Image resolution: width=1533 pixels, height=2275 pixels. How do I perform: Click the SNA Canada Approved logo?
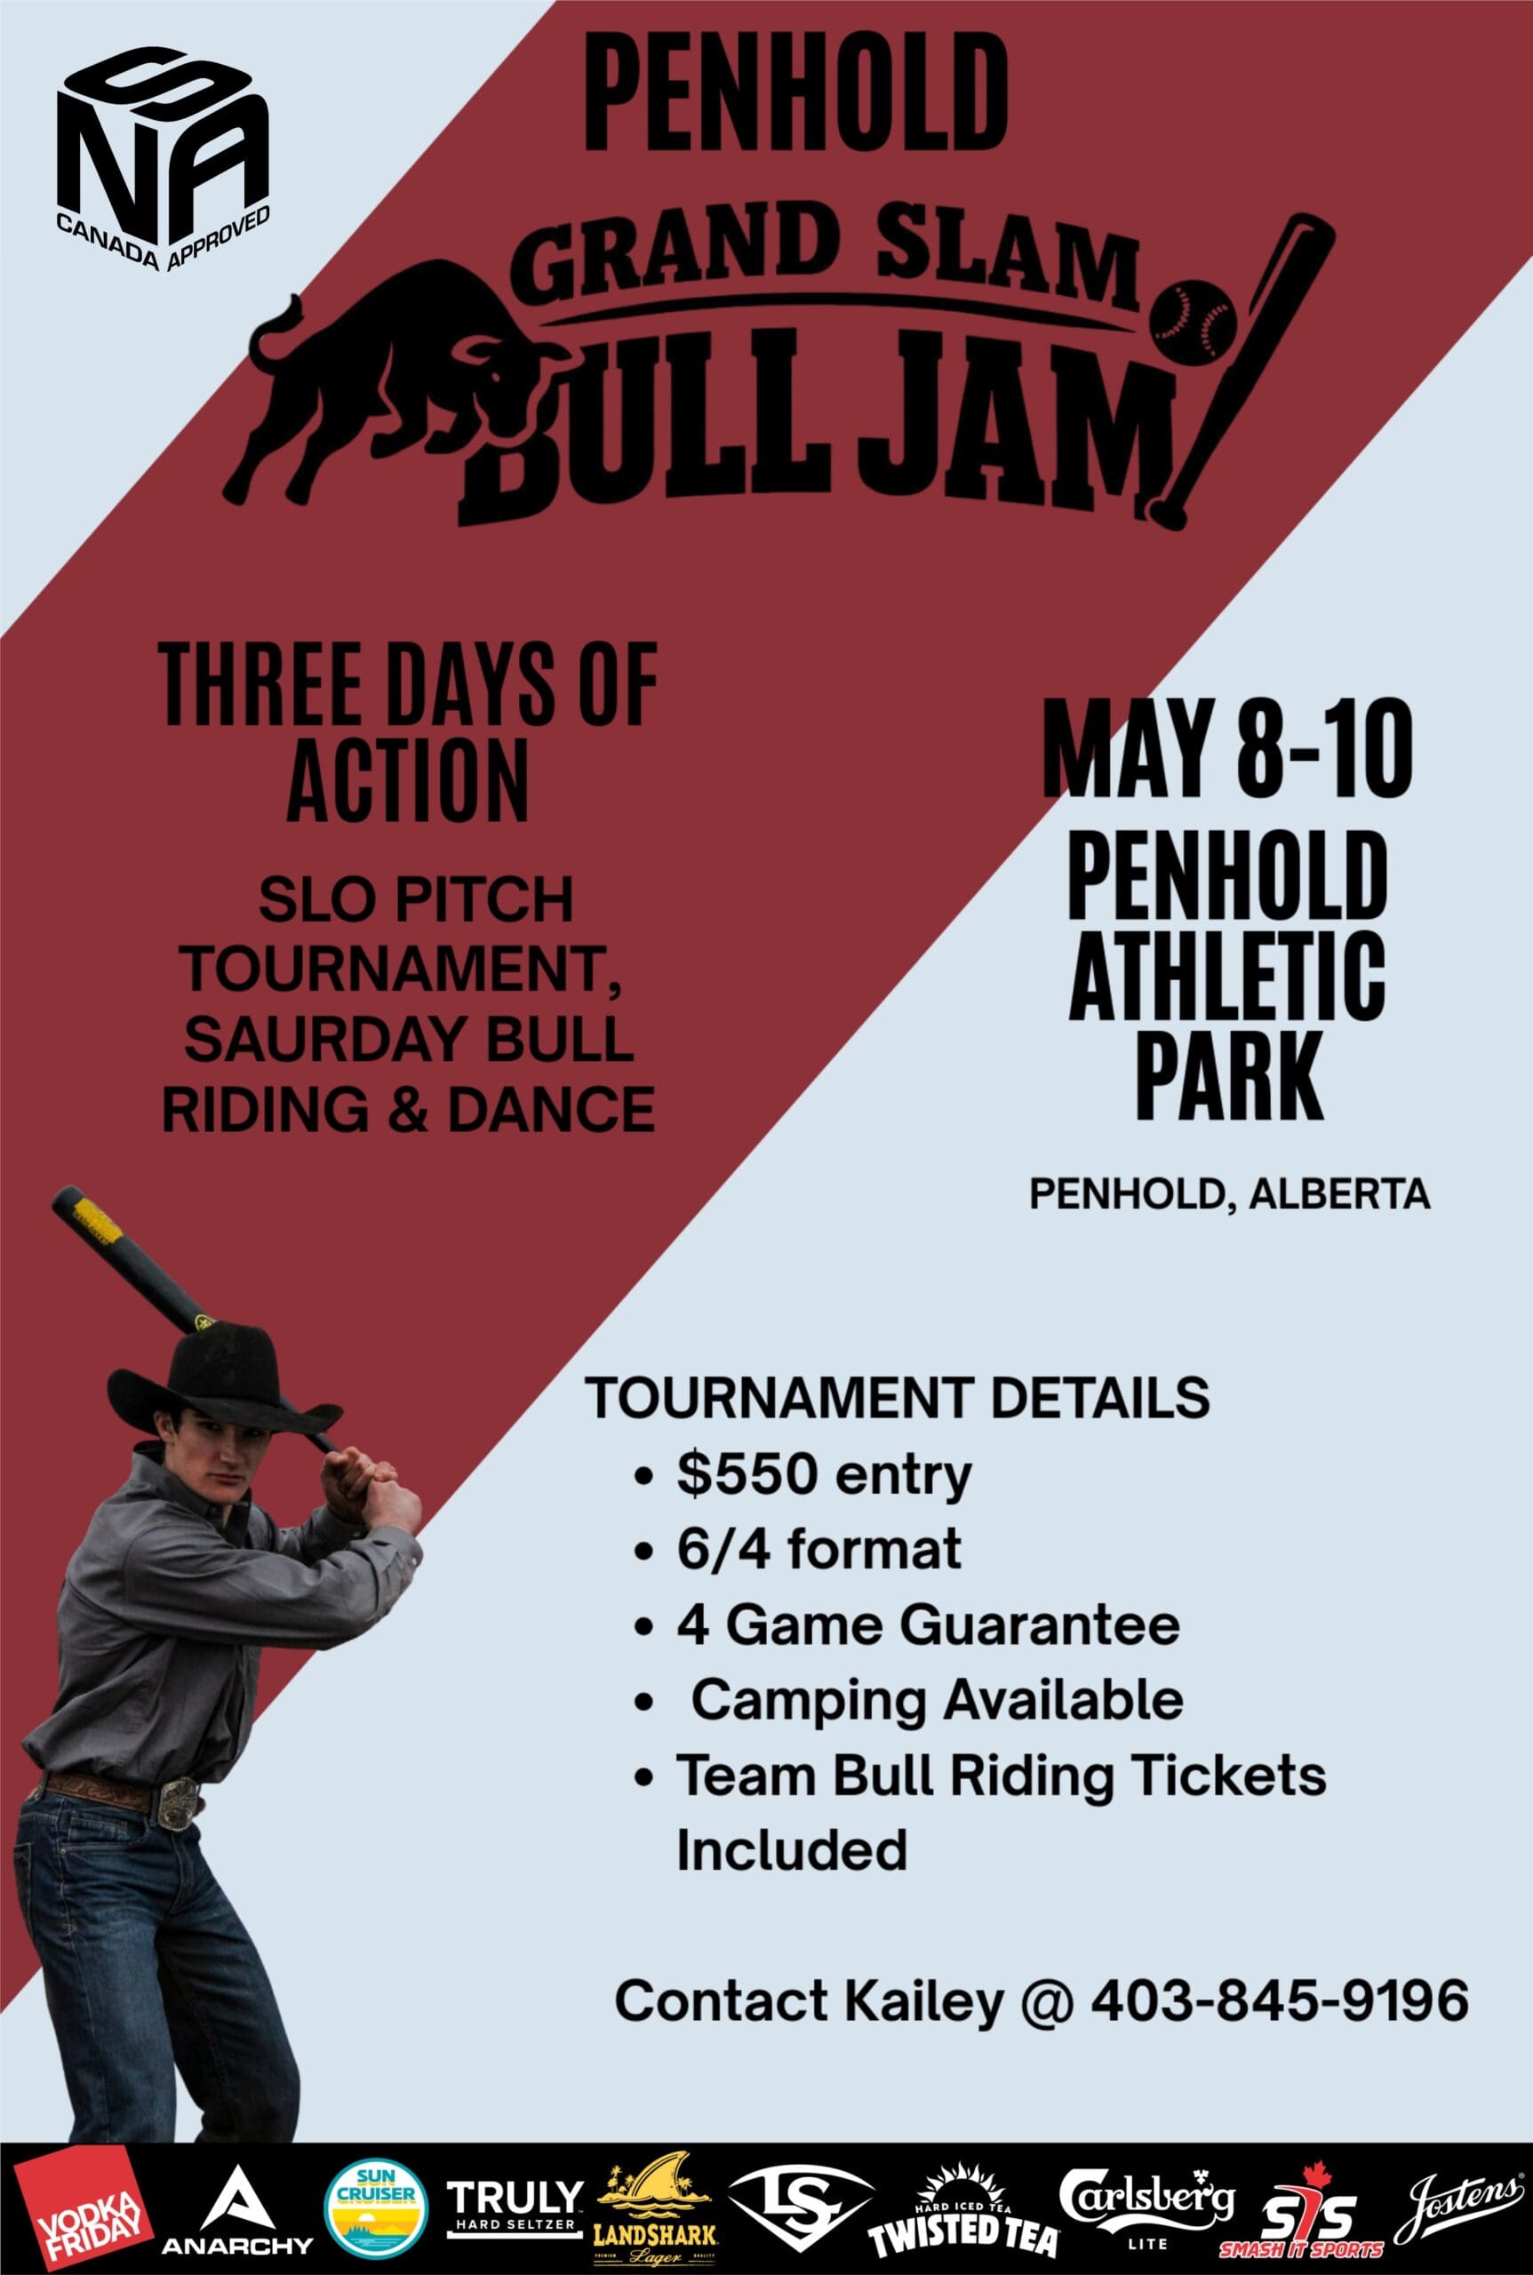(163, 159)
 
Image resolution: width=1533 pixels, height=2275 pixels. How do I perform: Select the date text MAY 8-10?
(1227, 748)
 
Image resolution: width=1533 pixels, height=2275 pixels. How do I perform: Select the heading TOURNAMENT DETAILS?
(898, 1397)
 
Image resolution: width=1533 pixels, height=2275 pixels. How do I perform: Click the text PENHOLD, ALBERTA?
(1230, 1193)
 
